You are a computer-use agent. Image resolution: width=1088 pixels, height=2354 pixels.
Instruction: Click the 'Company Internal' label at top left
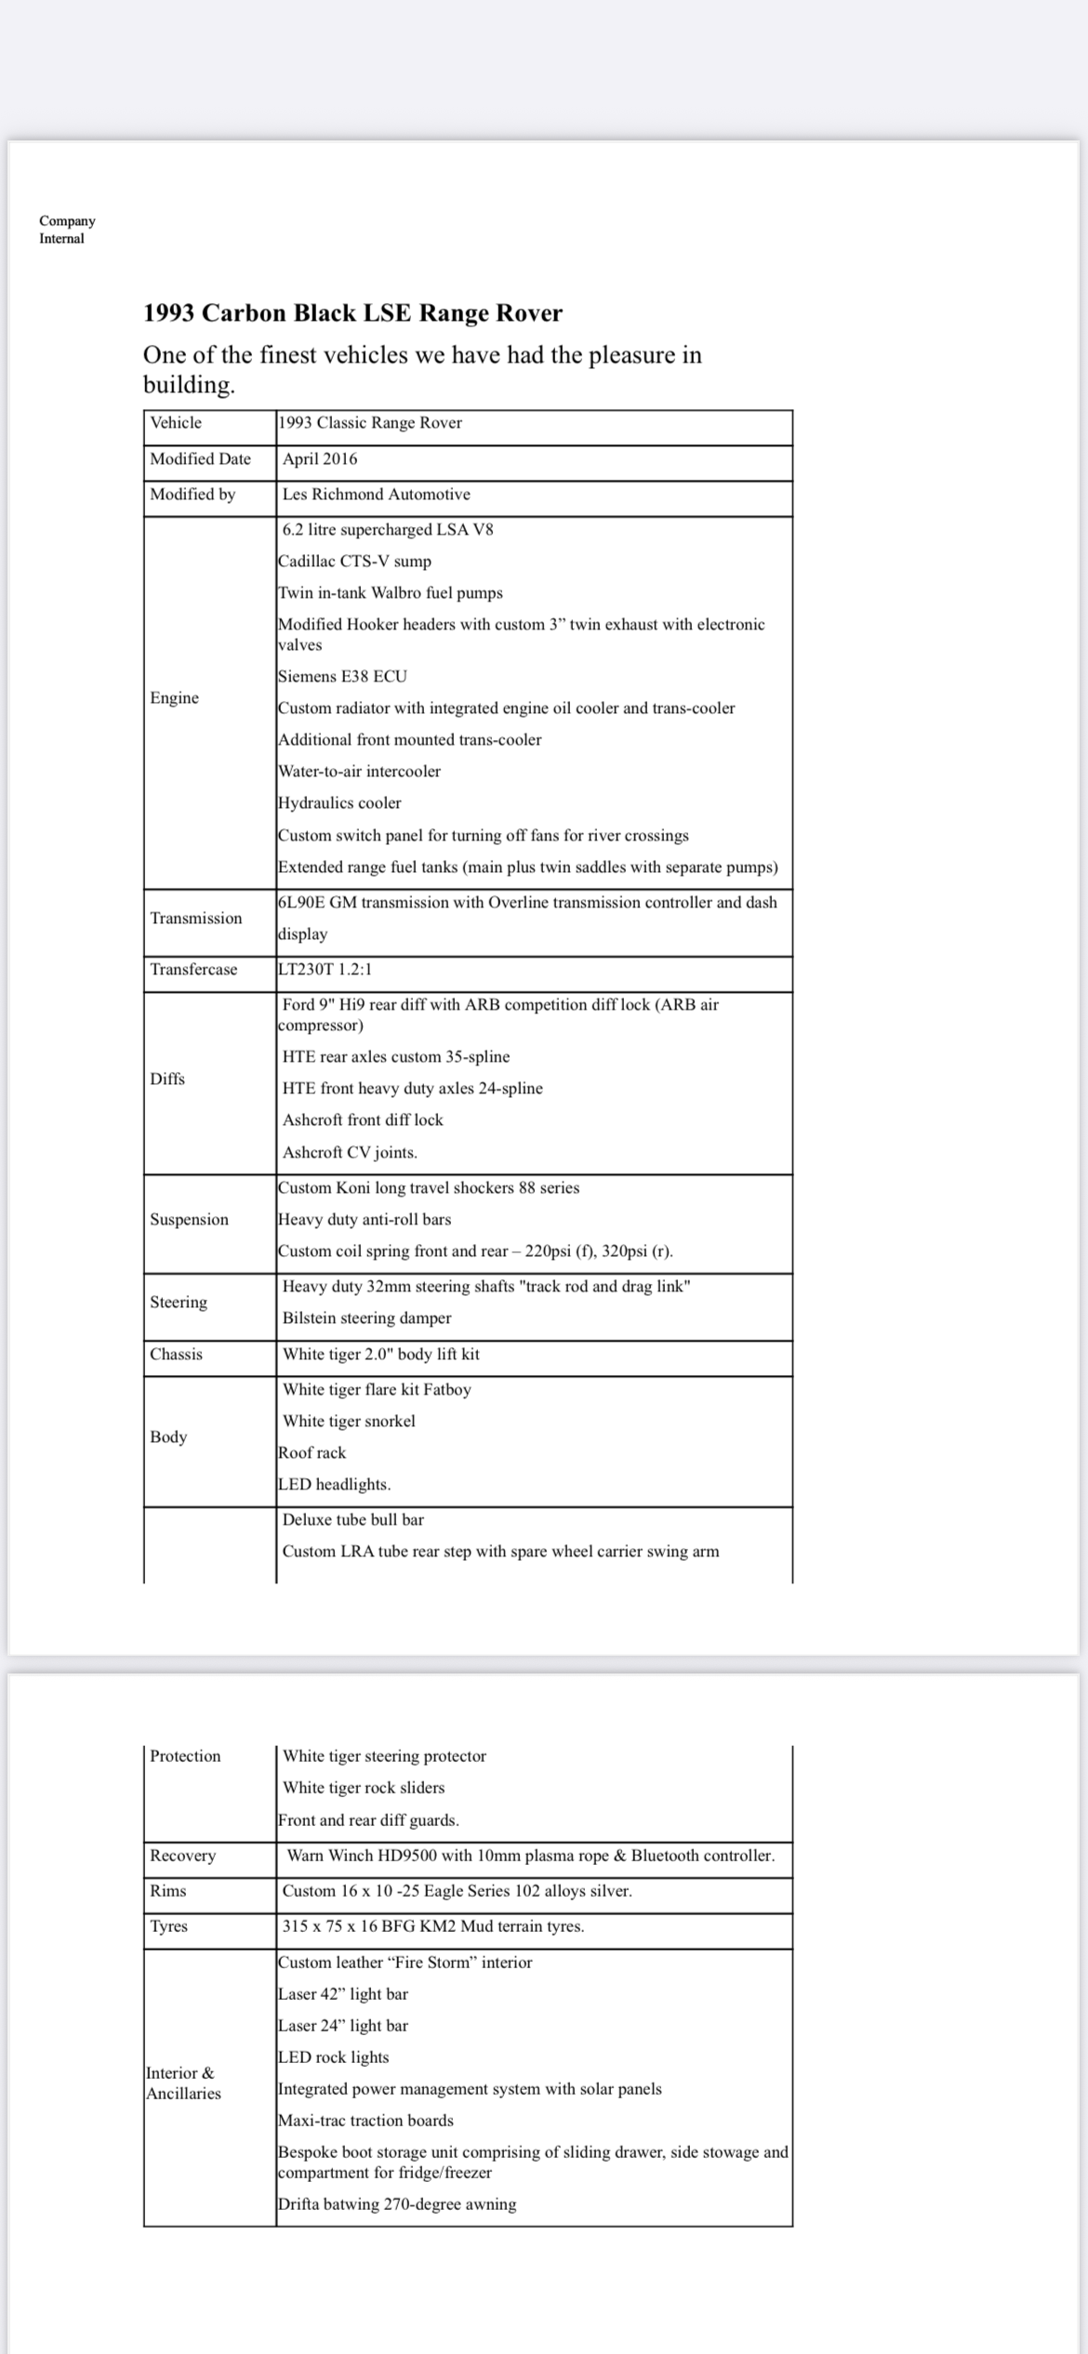(67, 230)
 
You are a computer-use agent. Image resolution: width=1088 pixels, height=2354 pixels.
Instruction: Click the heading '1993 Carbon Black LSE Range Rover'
(352, 313)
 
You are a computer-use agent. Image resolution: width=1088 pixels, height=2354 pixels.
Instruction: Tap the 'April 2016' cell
(320, 459)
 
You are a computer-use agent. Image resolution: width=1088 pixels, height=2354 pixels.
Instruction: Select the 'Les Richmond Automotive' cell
(377, 495)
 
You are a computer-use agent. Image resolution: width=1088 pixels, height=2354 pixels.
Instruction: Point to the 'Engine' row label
(175, 698)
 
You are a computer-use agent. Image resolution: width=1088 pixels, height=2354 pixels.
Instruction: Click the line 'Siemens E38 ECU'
(342, 677)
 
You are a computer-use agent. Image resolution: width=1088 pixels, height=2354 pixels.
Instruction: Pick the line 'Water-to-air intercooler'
(359, 772)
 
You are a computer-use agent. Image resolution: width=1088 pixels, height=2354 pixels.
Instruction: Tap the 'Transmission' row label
(196, 919)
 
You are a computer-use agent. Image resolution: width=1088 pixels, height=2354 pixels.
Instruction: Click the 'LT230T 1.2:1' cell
(325, 970)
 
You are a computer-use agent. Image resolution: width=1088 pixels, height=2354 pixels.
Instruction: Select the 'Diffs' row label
(167, 1079)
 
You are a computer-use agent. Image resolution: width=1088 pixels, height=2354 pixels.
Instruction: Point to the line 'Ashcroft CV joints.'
(350, 1153)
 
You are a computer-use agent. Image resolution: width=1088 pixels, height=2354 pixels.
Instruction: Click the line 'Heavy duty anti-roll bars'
(365, 1220)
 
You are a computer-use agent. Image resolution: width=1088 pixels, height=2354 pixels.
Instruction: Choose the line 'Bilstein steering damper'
(366, 1318)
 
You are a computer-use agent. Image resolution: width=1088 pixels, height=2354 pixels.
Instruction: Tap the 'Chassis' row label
(177, 1355)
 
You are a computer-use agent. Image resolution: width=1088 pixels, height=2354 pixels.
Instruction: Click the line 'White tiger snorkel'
(349, 1422)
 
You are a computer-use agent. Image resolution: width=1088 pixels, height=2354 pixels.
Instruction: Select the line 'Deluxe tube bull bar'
(353, 1520)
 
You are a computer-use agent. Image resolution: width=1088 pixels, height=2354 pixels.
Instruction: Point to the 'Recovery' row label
(183, 1856)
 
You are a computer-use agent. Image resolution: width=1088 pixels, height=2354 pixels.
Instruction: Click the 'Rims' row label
(168, 1891)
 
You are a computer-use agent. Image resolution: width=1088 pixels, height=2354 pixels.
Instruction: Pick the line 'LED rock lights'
(333, 2057)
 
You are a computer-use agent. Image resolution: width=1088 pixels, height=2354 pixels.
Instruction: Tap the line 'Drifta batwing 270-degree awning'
(397, 2204)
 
